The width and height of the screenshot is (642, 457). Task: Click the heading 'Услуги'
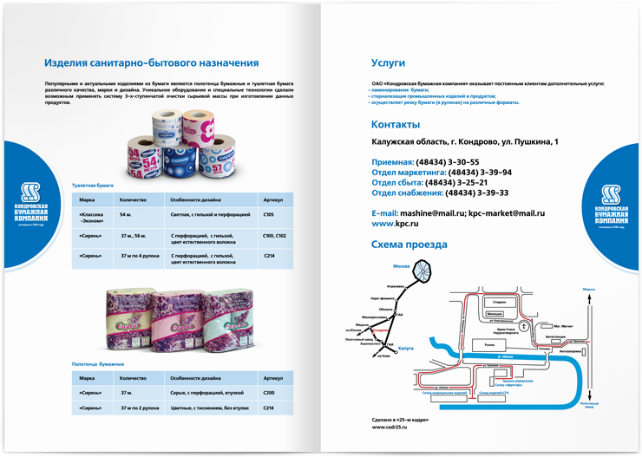coord(388,63)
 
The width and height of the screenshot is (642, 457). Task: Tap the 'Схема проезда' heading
coord(409,245)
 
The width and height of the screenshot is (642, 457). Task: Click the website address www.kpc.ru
coord(395,224)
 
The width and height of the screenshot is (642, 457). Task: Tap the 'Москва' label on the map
coord(401,265)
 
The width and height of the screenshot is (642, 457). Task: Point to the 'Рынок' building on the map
coord(479,345)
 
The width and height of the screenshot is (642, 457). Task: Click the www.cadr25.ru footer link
coord(390,427)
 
